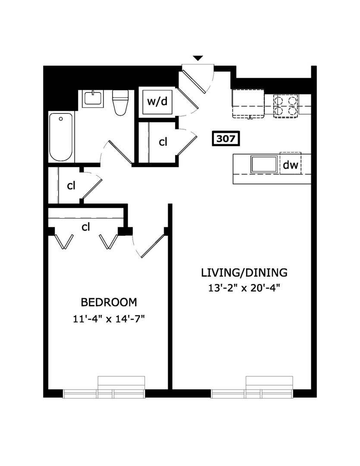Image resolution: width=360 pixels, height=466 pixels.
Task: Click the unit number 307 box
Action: tap(226, 139)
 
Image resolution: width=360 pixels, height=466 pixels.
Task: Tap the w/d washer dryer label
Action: tap(157, 102)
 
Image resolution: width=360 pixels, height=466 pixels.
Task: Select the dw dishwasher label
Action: tap(290, 164)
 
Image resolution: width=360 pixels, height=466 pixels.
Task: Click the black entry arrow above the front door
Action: tap(198, 58)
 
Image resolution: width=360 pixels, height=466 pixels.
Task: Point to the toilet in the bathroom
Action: tap(120, 103)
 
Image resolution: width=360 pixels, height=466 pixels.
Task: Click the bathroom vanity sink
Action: tap(93, 99)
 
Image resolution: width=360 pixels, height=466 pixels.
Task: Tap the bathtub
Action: tap(61, 137)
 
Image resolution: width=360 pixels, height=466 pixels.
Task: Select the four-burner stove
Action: tap(286, 106)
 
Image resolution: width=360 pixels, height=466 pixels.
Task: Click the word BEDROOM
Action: tap(109, 302)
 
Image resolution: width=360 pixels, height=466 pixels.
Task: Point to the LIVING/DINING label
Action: tap(244, 273)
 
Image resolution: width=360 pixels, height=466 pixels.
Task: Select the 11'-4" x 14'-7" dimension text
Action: tap(109, 319)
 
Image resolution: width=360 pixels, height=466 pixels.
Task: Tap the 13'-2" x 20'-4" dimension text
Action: tap(244, 288)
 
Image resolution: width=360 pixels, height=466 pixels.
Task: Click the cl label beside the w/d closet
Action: tap(163, 142)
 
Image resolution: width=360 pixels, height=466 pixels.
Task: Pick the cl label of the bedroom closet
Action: tap(86, 227)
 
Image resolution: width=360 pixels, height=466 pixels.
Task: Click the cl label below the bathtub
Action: tap(71, 186)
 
